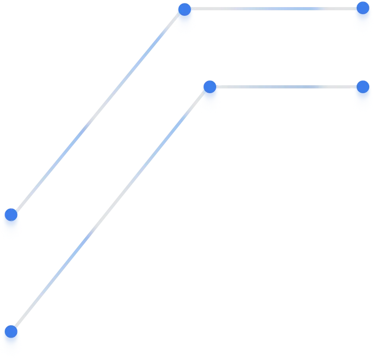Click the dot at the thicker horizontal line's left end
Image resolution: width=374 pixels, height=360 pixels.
click(x=184, y=9)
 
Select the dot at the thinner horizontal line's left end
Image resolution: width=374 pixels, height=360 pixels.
click(x=210, y=86)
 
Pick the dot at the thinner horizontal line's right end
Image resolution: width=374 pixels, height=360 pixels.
click(x=363, y=86)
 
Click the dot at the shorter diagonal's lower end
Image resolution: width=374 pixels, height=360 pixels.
click(x=11, y=215)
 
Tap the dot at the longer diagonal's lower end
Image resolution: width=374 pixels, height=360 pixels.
click(x=11, y=332)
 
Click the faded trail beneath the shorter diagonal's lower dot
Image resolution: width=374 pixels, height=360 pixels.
click(x=11, y=230)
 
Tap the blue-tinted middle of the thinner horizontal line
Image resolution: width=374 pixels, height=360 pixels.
click(x=286, y=86)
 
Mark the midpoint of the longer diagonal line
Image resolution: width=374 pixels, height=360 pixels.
click(x=110, y=209)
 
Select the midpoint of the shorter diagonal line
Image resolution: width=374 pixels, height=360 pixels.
click(x=97, y=112)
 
